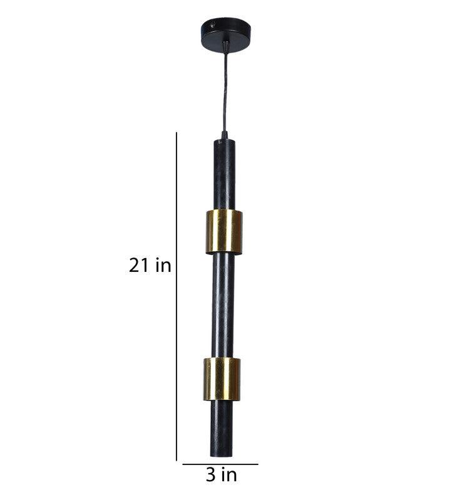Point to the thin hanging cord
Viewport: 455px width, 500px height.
[223, 87]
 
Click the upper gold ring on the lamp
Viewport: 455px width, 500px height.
[224, 232]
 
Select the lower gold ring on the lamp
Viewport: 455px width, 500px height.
[222, 379]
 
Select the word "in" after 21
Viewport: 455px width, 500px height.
[163, 266]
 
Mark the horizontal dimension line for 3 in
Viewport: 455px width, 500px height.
[220, 464]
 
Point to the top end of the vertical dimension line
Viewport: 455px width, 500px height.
[177, 132]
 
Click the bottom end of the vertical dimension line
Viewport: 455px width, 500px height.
[177, 460]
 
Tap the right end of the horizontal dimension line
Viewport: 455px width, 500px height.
[257, 464]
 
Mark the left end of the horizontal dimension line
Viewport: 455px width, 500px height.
[183, 464]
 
